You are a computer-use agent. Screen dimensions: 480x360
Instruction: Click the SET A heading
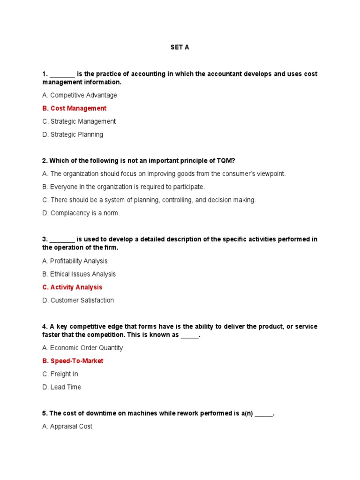[180, 48]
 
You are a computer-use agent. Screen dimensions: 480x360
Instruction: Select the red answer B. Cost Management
[74, 108]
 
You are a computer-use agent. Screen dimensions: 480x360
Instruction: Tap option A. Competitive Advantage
[79, 95]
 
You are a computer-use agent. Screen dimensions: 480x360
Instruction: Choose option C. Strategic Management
[79, 121]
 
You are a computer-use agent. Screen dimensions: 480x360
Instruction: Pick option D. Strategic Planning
[73, 135]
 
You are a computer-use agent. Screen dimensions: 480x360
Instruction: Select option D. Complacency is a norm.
[81, 213]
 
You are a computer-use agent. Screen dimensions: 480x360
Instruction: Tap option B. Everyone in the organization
[123, 187]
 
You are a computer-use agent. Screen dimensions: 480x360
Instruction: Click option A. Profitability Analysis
[75, 261]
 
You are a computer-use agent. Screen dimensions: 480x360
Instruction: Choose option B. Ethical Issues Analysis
[79, 274]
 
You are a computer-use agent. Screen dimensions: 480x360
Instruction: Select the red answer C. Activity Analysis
[72, 287]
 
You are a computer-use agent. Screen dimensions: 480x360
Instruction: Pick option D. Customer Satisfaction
[78, 300]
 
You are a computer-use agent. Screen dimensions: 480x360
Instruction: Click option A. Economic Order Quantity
[82, 348]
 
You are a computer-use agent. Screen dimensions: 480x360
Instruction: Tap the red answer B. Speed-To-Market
[73, 361]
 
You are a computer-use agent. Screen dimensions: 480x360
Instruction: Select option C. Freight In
[60, 374]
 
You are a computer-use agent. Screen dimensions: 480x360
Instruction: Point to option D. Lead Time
[61, 387]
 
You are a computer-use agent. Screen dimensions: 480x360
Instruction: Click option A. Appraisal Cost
[67, 427]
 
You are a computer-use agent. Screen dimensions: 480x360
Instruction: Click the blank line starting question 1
[62, 74]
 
